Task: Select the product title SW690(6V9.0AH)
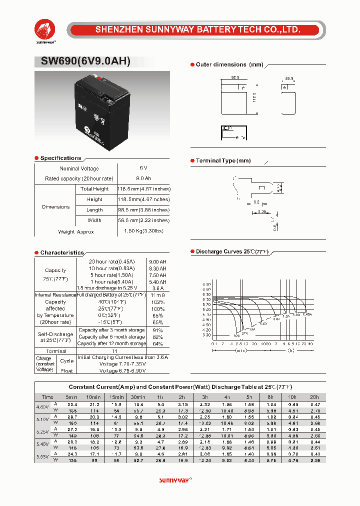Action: (82, 61)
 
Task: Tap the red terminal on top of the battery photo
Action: (99, 78)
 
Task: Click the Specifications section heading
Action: (60, 158)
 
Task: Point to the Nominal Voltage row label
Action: (79, 168)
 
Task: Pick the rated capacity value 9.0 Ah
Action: (143, 178)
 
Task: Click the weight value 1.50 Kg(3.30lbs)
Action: (143, 231)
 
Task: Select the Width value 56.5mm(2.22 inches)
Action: (143, 220)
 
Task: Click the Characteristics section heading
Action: (62, 253)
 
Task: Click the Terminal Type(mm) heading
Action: (223, 161)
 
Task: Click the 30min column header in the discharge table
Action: (138, 397)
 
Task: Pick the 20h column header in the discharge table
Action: (315, 397)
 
